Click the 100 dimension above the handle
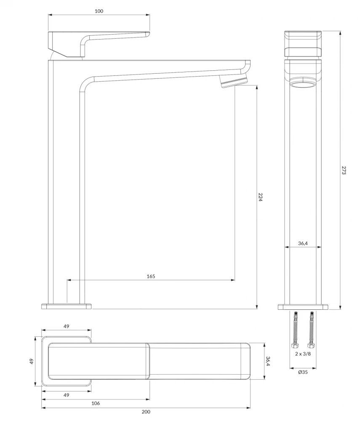click(x=99, y=11)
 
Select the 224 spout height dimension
click(x=261, y=197)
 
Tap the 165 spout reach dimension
click(x=151, y=276)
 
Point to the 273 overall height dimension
click(x=344, y=170)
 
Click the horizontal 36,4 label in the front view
click(x=302, y=243)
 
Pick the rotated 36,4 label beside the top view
click(x=268, y=361)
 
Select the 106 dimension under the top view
click(x=96, y=403)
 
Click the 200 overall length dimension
click(x=146, y=412)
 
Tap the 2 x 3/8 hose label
click(x=303, y=354)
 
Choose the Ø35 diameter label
click(x=303, y=372)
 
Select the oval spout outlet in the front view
click(x=303, y=84)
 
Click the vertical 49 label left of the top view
click(x=32, y=361)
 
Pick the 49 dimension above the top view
click(x=67, y=326)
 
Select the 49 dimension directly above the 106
click(x=67, y=395)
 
